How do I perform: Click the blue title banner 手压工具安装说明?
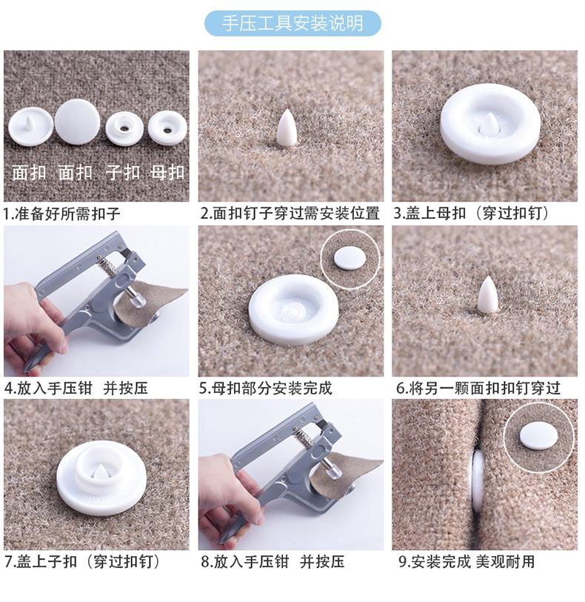[293, 24]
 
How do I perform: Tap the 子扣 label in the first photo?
[123, 173]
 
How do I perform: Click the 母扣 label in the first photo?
[167, 173]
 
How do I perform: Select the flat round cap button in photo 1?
[78, 122]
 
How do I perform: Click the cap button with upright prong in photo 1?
[30, 126]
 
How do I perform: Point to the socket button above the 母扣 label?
[167, 128]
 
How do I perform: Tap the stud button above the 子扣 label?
[124, 129]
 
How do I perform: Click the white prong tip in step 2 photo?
[287, 110]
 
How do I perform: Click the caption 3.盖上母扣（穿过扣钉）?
[472, 213]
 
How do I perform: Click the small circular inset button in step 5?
[350, 259]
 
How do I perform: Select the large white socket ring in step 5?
[294, 309]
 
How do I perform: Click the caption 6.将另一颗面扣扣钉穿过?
[478, 388]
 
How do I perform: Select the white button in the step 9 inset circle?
[538, 435]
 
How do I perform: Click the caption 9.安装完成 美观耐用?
[467, 561]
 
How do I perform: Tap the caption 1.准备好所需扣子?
[62, 213]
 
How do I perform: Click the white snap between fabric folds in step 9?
[478, 481]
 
